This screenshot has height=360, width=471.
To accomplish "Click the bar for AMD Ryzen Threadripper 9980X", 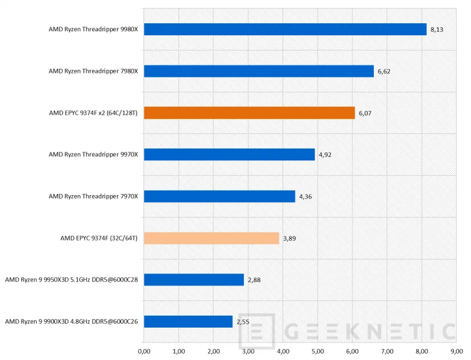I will click(285, 30).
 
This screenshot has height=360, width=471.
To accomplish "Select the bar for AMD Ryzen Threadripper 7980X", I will click(259, 71).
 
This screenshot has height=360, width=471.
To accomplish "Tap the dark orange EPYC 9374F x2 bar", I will click(249, 113).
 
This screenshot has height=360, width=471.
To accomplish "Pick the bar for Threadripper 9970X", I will click(229, 154).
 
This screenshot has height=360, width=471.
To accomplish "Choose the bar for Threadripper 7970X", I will click(219, 196).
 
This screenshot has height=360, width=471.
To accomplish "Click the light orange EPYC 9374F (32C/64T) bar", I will click(211, 238).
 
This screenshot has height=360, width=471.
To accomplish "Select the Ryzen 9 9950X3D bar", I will click(194, 280).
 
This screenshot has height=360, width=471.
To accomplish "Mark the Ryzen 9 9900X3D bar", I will click(188, 321).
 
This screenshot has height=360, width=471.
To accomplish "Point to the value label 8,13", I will click(437, 30).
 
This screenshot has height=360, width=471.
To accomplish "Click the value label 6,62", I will click(385, 71).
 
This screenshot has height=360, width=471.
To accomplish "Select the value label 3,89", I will click(290, 238).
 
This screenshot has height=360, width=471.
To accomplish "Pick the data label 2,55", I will click(243, 322).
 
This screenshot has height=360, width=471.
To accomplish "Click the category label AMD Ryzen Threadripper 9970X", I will click(93, 154).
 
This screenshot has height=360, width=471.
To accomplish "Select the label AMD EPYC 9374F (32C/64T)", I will click(99, 238).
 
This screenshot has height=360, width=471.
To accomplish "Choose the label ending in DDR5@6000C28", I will click(72, 280).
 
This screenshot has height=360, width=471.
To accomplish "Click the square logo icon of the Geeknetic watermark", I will click(257, 332).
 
